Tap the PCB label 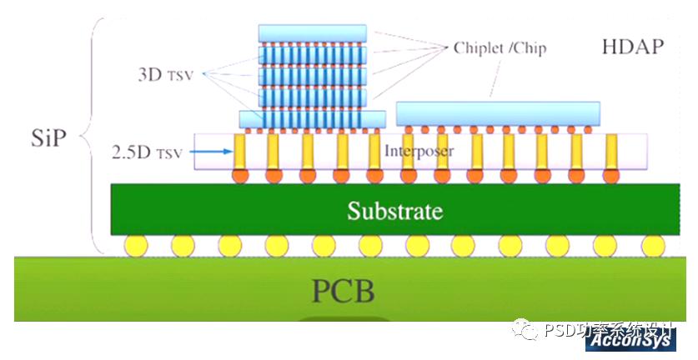(x=343, y=292)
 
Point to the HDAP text (x=632, y=46)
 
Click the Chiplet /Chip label (x=500, y=47)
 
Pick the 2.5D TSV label (x=143, y=152)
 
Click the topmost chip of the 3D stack (x=312, y=32)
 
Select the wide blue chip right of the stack (x=498, y=112)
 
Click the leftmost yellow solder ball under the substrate (x=136, y=245)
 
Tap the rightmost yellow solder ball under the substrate (x=654, y=245)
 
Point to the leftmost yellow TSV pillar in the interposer (x=240, y=151)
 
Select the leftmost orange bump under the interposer (x=240, y=176)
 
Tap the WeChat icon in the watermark (x=526, y=330)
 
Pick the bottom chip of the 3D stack (x=312, y=118)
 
